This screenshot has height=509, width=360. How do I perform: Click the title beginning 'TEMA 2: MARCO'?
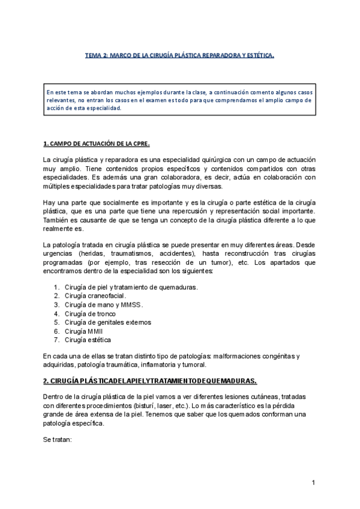(179, 56)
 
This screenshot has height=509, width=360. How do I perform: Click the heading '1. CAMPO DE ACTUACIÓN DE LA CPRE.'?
(97, 145)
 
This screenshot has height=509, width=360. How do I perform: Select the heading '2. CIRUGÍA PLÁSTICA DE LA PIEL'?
(150, 381)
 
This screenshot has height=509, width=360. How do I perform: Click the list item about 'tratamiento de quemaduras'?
(131, 287)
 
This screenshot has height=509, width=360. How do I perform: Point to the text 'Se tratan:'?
(58, 439)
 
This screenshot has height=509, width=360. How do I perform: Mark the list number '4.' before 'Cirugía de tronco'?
(56, 313)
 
